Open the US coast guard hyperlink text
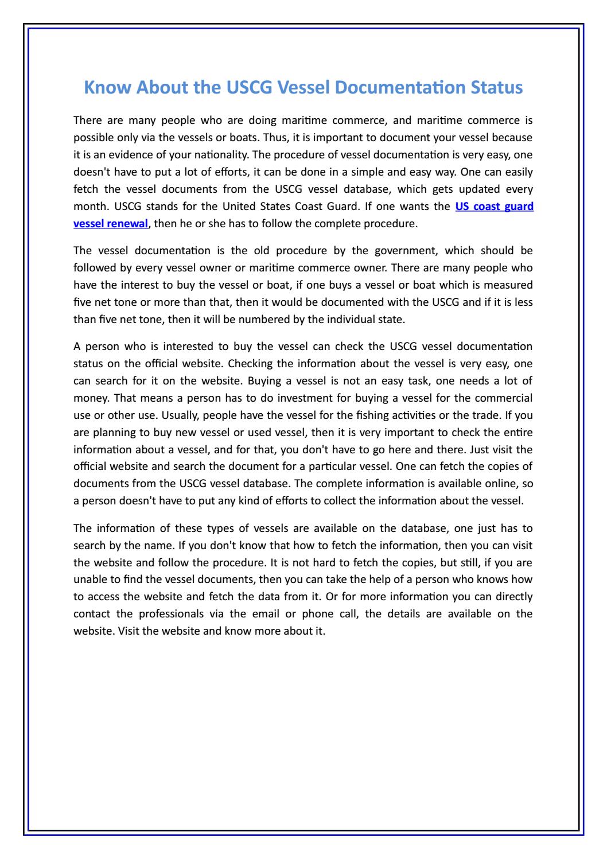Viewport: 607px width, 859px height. pos(494,207)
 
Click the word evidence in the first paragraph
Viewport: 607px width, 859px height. pos(122,155)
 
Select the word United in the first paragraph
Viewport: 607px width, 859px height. pos(263,207)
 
